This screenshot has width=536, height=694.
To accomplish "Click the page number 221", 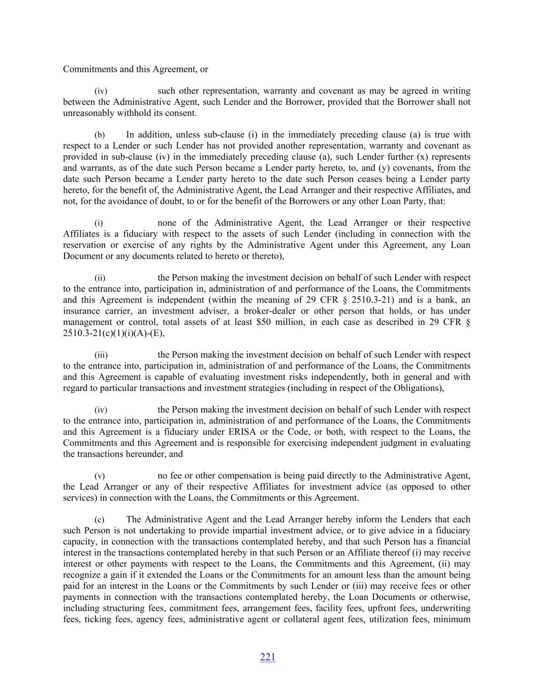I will [x=267, y=657].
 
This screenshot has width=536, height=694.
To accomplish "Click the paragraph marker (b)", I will [x=100, y=135].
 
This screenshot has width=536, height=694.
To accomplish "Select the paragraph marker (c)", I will [x=100, y=520].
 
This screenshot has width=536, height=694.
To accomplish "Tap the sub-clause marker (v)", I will [x=100, y=476].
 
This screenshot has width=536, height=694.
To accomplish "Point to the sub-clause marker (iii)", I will [x=101, y=355].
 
